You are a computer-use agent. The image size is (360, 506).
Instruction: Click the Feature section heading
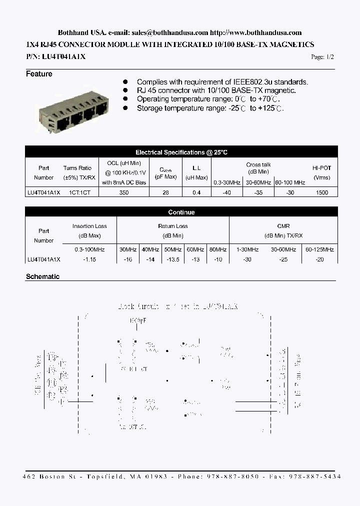pos(39,74)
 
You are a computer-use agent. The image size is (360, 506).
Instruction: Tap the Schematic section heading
pos(42,276)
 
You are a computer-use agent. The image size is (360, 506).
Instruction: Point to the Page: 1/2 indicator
pos(322,57)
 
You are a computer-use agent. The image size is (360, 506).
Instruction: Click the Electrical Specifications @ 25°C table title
pos(181,152)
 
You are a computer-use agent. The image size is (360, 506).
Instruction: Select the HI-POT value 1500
pos(321,192)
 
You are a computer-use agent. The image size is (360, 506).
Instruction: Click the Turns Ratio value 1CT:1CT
pos(77,192)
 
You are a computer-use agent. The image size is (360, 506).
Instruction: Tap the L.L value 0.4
pos(196,192)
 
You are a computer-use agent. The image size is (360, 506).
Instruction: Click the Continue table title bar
pos(181,212)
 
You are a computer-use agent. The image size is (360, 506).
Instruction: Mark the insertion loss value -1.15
pos(89,259)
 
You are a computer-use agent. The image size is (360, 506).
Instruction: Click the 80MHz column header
pos(217,249)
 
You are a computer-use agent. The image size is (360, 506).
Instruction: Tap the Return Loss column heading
pos(172,226)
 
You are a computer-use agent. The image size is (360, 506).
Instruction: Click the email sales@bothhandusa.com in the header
pos(170,32)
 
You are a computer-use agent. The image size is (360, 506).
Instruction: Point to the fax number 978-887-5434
pos(317,477)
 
